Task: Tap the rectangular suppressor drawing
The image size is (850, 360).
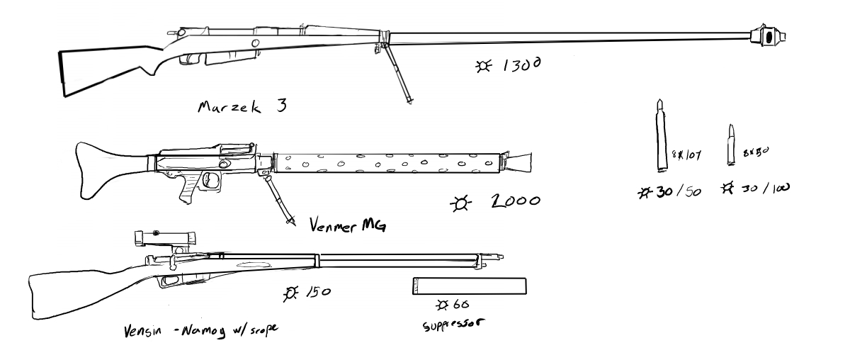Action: pos(469,286)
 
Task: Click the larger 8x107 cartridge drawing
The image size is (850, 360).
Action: pos(661,136)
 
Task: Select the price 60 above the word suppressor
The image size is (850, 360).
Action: pos(460,305)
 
